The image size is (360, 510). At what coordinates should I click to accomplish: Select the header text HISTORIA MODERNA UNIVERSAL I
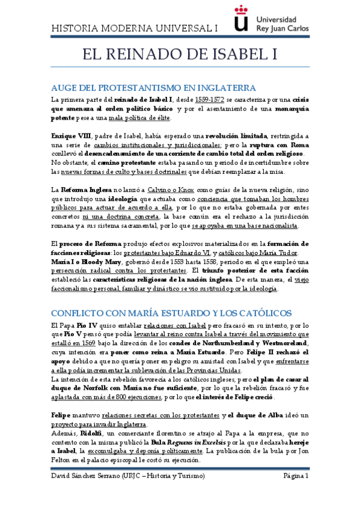pos(135,28)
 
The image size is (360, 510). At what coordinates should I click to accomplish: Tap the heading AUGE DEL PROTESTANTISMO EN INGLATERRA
pos(145,87)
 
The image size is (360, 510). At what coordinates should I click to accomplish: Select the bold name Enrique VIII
pos(72,136)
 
